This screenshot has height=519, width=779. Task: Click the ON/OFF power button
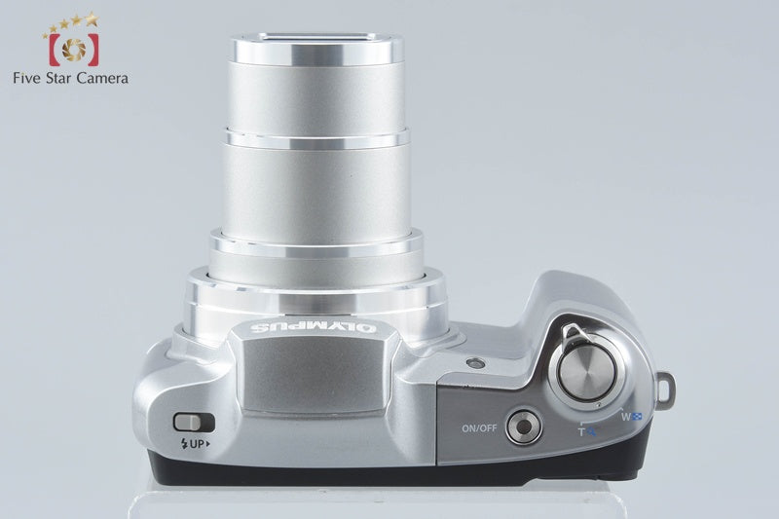click(x=524, y=426)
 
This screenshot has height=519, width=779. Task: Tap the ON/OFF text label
click(x=479, y=427)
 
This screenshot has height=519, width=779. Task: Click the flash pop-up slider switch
click(x=194, y=423)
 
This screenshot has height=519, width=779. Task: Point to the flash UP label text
click(x=196, y=443)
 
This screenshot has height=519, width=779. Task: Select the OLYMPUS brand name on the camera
click(x=313, y=327)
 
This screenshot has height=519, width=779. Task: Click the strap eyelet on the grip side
click(x=665, y=388)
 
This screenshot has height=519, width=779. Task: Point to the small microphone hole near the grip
click(x=476, y=363)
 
